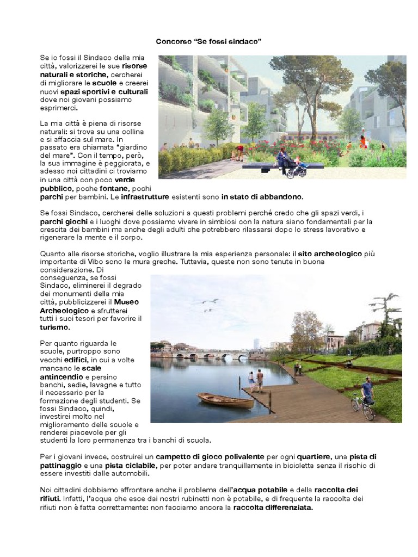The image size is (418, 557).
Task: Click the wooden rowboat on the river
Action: point(225,401)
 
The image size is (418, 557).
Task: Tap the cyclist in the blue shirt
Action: point(368,393)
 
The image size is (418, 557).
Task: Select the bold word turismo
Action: point(54,328)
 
